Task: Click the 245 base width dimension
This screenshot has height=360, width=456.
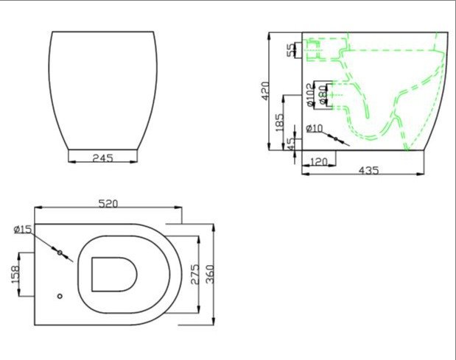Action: [x=102, y=157]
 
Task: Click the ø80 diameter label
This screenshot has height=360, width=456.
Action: [x=321, y=95]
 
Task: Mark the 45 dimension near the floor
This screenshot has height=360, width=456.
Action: [x=291, y=144]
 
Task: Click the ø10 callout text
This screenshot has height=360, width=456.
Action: [x=315, y=129]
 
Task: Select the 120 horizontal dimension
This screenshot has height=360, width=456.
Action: [x=318, y=161]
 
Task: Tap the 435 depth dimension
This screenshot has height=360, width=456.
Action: [x=368, y=170]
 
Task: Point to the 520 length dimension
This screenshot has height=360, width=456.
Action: [x=108, y=204]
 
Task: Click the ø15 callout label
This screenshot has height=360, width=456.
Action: [x=22, y=230]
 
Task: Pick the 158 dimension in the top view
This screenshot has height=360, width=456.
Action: [x=15, y=275]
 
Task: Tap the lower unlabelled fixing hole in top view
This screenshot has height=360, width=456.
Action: [x=60, y=298]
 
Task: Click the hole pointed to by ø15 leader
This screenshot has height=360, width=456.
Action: [x=60, y=253]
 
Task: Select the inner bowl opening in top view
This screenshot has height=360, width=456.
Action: [x=113, y=274]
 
